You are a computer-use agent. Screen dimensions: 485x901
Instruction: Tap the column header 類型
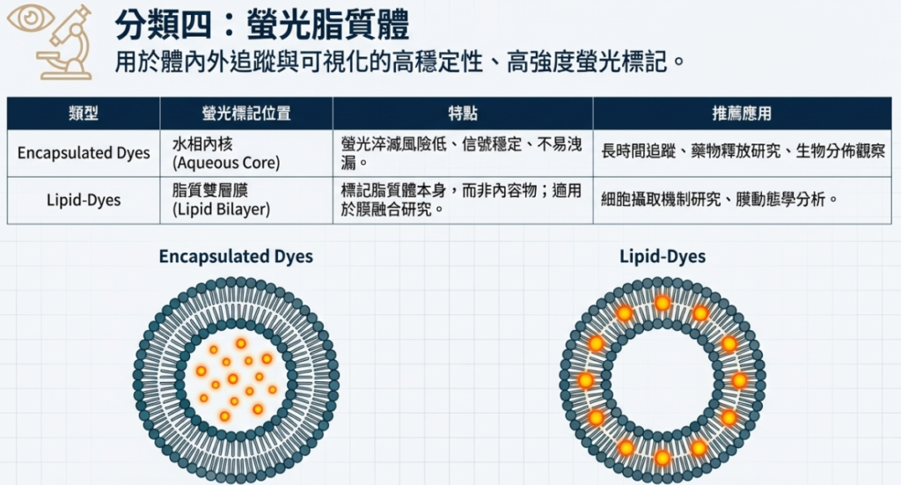(x=84, y=114)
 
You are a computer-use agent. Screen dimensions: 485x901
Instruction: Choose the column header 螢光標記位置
(x=246, y=114)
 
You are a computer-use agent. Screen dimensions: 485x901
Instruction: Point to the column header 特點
(x=463, y=114)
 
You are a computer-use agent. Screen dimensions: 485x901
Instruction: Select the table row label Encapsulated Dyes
(x=84, y=153)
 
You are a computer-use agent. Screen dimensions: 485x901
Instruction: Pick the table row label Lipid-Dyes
(x=84, y=200)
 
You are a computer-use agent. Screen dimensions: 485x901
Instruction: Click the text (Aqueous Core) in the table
(x=226, y=163)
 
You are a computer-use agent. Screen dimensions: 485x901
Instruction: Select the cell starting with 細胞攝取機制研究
(x=718, y=200)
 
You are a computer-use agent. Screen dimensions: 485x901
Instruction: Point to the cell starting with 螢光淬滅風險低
(x=461, y=153)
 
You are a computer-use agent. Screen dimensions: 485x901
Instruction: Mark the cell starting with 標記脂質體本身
(x=461, y=200)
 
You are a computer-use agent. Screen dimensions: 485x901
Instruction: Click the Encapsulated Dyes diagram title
(x=236, y=257)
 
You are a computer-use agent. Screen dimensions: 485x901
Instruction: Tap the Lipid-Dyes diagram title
(x=662, y=257)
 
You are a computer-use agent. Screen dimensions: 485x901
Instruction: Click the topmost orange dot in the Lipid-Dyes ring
(x=662, y=303)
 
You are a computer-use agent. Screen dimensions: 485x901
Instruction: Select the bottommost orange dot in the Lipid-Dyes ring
(x=662, y=457)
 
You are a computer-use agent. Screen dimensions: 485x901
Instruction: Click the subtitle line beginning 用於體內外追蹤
(x=399, y=63)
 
